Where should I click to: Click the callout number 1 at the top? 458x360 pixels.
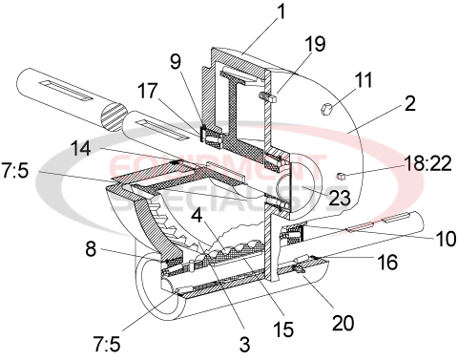[x=254, y=12]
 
